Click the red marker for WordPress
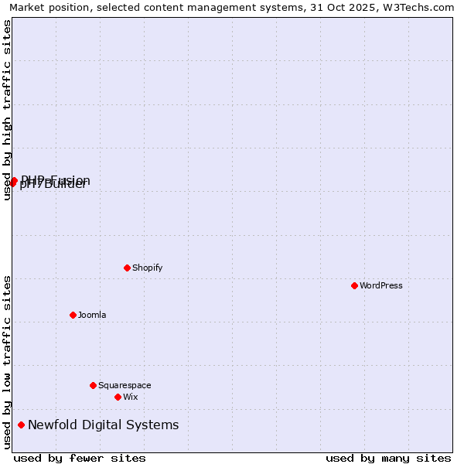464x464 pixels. (354, 285)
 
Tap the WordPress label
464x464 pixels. (380, 285)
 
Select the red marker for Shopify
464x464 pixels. (127, 268)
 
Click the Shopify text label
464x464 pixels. (147, 268)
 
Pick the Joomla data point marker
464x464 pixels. (73, 315)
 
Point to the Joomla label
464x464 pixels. (92, 315)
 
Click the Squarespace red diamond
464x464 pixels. (93, 385)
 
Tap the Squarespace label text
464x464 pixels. (125, 385)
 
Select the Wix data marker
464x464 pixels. (118, 397)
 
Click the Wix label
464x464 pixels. (130, 397)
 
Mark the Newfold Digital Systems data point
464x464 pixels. (21, 425)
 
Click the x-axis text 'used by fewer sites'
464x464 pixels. (80, 458)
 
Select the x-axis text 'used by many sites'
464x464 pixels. (388, 458)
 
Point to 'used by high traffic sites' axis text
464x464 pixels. (7, 110)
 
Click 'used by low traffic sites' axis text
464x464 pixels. (7, 362)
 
